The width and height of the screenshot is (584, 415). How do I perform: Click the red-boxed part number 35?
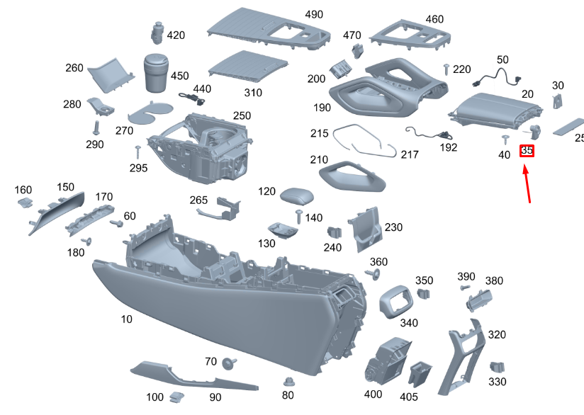coord(527,151)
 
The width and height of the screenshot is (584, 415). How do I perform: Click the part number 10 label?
coord(126,319)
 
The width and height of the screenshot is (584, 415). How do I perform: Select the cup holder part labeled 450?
coord(159,72)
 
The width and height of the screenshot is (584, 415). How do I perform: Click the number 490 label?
coord(313,15)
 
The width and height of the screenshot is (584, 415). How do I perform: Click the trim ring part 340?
coord(395,300)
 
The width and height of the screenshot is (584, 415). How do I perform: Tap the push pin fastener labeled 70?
coord(229,364)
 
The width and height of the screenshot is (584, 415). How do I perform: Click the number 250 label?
coord(242,115)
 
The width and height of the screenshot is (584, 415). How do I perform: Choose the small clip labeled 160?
coord(24,203)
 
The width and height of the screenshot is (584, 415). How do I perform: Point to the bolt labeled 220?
coord(447,68)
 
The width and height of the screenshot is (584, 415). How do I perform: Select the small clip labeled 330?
coord(500,366)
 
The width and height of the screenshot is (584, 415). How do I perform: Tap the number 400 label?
coord(372,394)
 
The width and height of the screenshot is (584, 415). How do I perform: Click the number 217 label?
coord(410,154)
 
